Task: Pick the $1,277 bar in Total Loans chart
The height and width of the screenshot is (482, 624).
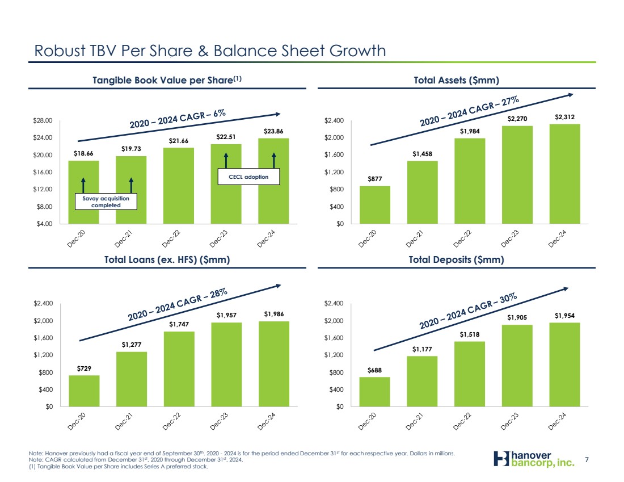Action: click(x=132, y=379)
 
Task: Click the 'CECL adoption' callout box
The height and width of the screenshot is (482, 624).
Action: click(x=250, y=177)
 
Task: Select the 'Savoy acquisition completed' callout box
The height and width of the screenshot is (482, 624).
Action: click(x=107, y=202)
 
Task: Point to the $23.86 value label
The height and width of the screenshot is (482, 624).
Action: click(x=273, y=131)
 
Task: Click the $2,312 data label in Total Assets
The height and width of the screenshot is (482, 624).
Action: click(x=564, y=117)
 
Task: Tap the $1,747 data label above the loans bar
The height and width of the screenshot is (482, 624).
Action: click(x=179, y=324)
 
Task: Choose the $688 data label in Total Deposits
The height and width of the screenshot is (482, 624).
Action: click(x=374, y=370)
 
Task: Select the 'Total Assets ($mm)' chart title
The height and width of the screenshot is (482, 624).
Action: click(x=457, y=81)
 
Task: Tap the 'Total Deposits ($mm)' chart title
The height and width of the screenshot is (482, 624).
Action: click(x=457, y=260)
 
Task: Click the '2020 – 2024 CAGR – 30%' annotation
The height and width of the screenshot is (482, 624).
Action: click(x=468, y=311)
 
